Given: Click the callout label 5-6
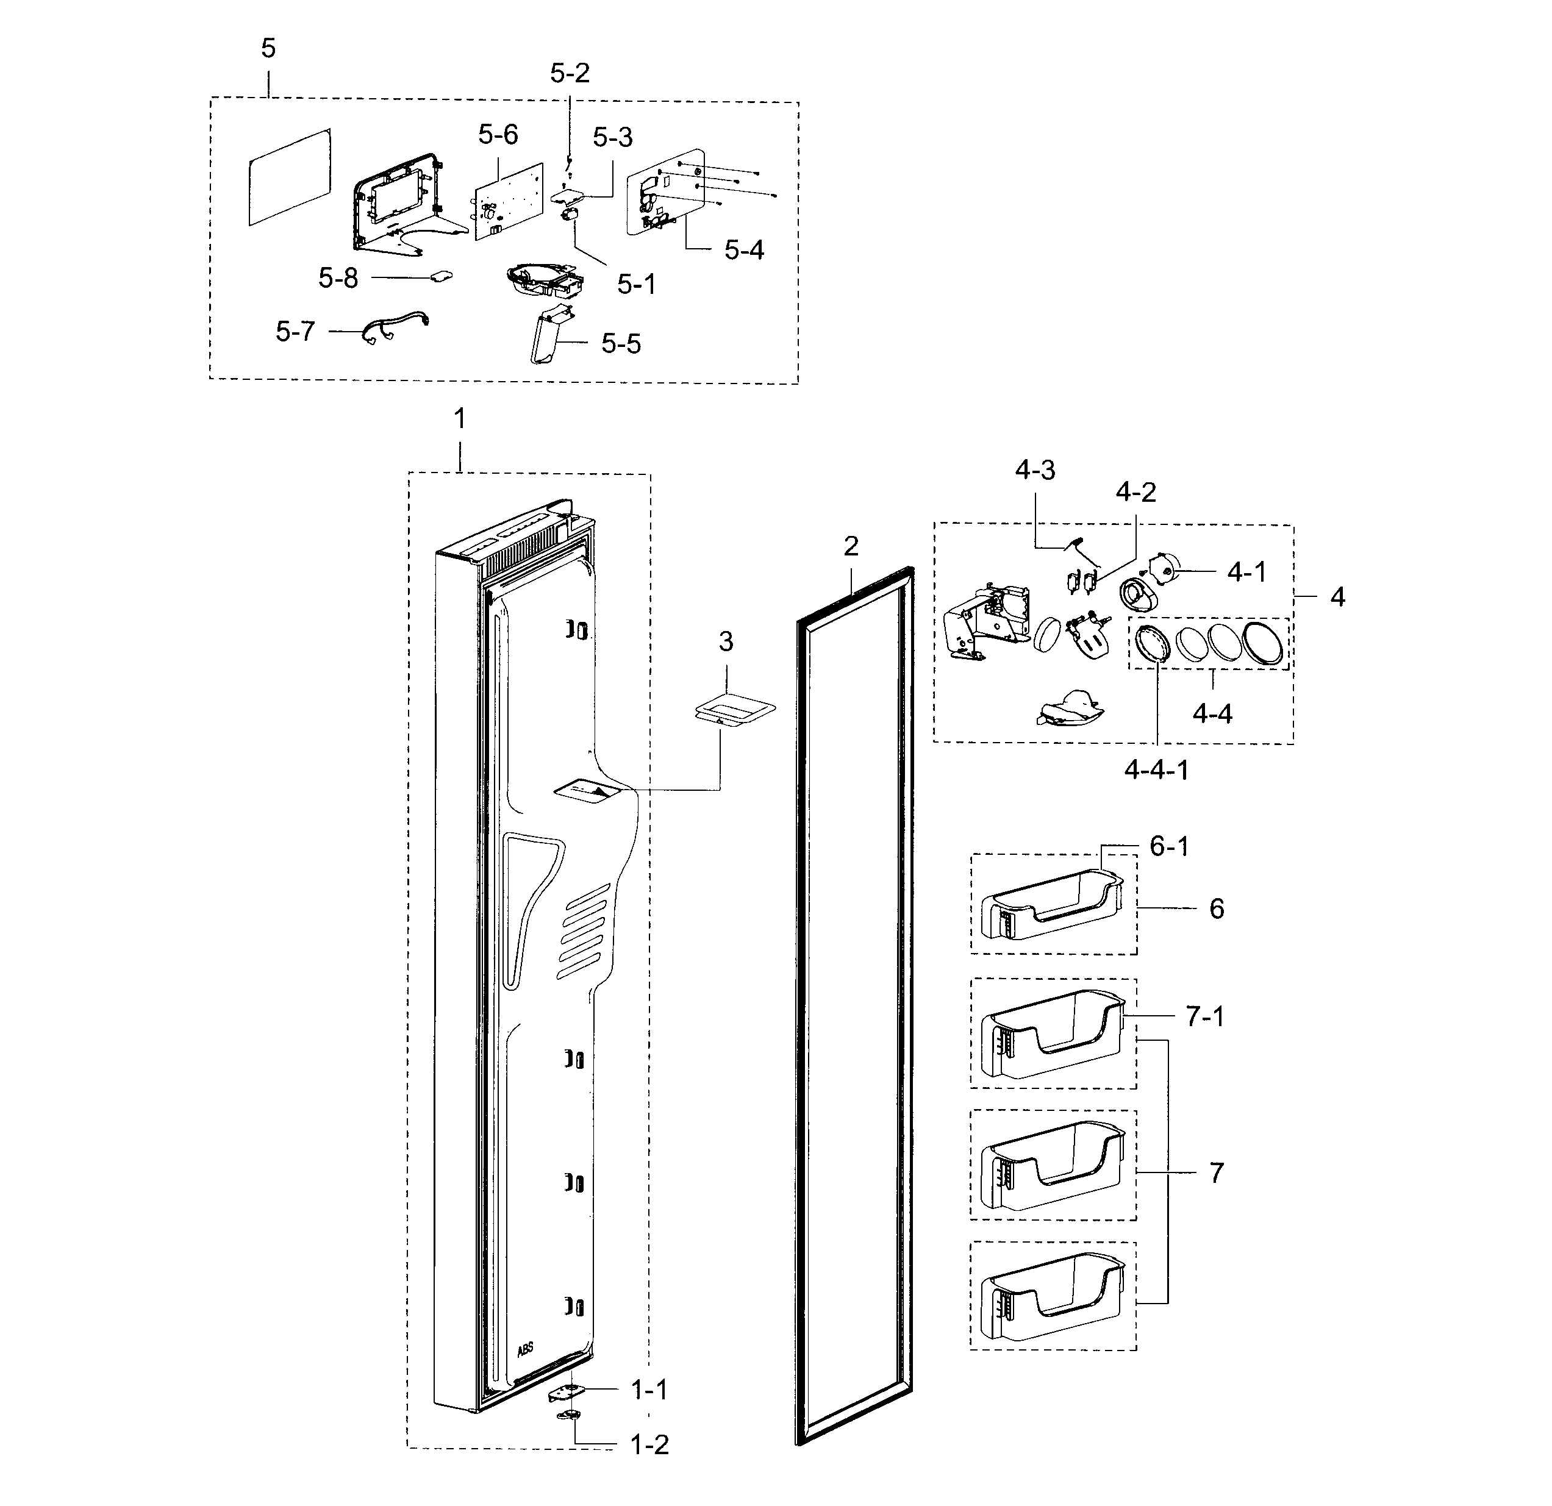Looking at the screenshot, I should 498,135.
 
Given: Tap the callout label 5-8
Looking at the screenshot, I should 338,278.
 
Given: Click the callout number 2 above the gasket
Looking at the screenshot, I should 851,546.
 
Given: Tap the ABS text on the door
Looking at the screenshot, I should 525,1349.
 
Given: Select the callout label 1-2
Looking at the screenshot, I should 649,1445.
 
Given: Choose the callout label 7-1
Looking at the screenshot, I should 1204,1016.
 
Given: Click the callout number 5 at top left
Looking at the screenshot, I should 268,49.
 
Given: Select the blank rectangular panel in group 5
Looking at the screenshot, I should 290,177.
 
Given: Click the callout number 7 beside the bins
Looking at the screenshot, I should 1216,1172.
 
